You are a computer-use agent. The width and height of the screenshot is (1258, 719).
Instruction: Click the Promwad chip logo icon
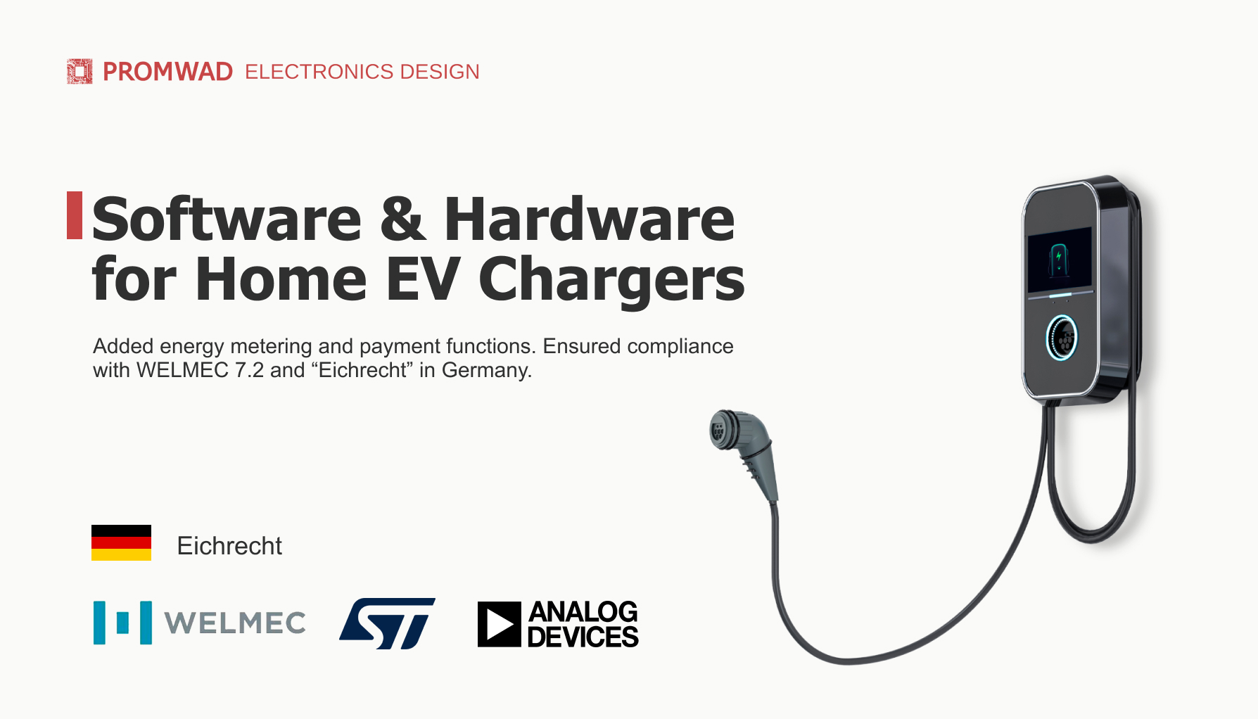pyautogui.click(x=80, y=71)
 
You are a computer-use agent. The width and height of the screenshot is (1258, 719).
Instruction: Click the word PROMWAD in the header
pyautogui.click(x=167, y=72)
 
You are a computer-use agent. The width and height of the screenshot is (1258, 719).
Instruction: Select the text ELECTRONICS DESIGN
pyautogui.click(x=362, y=72)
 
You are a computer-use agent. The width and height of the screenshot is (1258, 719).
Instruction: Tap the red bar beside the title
pyautogui.click(x=75, y=215)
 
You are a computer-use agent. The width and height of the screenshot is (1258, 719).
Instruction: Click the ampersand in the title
pyautogui.click(x=403, y=219)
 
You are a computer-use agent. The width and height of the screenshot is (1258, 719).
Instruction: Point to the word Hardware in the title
pyautogui.click(x=590, y=219)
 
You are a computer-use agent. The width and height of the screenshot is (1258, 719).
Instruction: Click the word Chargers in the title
pyautogui.click(x=611, y=280)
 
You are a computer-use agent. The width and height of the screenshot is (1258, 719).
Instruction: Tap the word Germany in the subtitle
pyautogui.click(x=486, y=371)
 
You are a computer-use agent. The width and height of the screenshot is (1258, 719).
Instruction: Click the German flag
pyautogui.click(x=121, y=542)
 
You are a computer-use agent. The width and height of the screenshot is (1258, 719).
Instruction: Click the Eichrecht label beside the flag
pyautogui.click(x=229, y=546)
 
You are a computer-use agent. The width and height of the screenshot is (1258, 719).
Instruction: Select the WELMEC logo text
pyautogui.click(x=235, y=623)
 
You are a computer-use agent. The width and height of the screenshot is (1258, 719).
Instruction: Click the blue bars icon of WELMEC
pyautogui.click(x=122, y=623)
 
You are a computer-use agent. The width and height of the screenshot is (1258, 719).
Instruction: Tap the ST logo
pyautogui.click(x=388, y=623)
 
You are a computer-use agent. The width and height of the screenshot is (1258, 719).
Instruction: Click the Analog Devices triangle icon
pyautogui.click(x=500, y=624)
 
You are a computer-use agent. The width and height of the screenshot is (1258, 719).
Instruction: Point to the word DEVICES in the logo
pyautogui.click(x=583, y=637)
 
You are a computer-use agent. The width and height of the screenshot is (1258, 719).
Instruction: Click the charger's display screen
pyautogui.click(x=1060, y=260)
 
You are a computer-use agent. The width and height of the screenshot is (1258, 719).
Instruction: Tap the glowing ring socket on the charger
pyautogui.click(x=1062, y=338)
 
